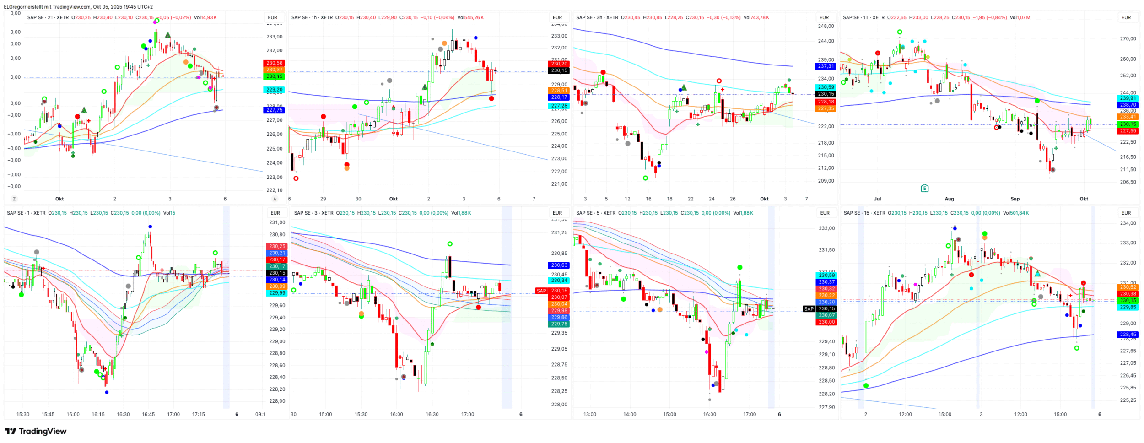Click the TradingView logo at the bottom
(x=36, y=431)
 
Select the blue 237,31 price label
(x=826, y=66)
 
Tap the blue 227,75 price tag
(x=274, y=110)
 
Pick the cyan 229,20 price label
(x=274, y=90)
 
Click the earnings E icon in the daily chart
(x=924, y=188)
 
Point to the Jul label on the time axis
(x=877, y=199)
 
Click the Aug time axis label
(x=949, y=199)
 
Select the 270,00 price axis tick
(x=1128, y=39)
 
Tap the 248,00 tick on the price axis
(x=826, y=27)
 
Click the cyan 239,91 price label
(x=1128, y=98)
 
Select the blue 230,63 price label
(x=559, y=265)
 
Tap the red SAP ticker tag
(x=541, y=291)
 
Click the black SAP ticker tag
(x=809, y=309)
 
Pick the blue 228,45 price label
(x=1128, y=335)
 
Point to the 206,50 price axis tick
(x=1128, y=182)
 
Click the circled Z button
(x=14, y=199)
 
